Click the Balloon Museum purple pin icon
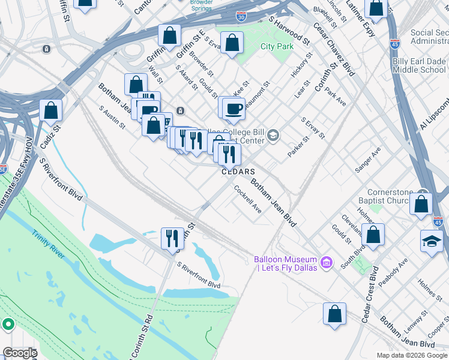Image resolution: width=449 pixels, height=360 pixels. pyautogui.click(x=326, y=261)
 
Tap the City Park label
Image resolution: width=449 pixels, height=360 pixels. pyautogui.click(x=277, y=46)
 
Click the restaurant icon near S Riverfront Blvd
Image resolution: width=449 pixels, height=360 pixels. pyautogui.click(x=172, y=238)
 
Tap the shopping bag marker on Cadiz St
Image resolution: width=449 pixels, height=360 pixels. pyautogui.click(x=51, y=110)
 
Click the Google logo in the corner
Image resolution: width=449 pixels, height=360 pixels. pyautogui.click(x=20, y=353)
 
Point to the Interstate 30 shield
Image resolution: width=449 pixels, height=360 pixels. pyautogui.click(x=241, y=17)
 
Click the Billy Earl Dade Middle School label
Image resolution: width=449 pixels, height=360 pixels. pyautogui.click(x=419, y=65)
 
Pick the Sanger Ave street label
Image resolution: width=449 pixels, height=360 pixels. pyautogui.click(x=368, y=160)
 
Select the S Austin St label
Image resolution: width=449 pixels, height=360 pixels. pyautogui.click(x=112, y=118)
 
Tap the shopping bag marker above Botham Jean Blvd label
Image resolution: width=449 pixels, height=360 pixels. pyautogui.click(x=334, y=314)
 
